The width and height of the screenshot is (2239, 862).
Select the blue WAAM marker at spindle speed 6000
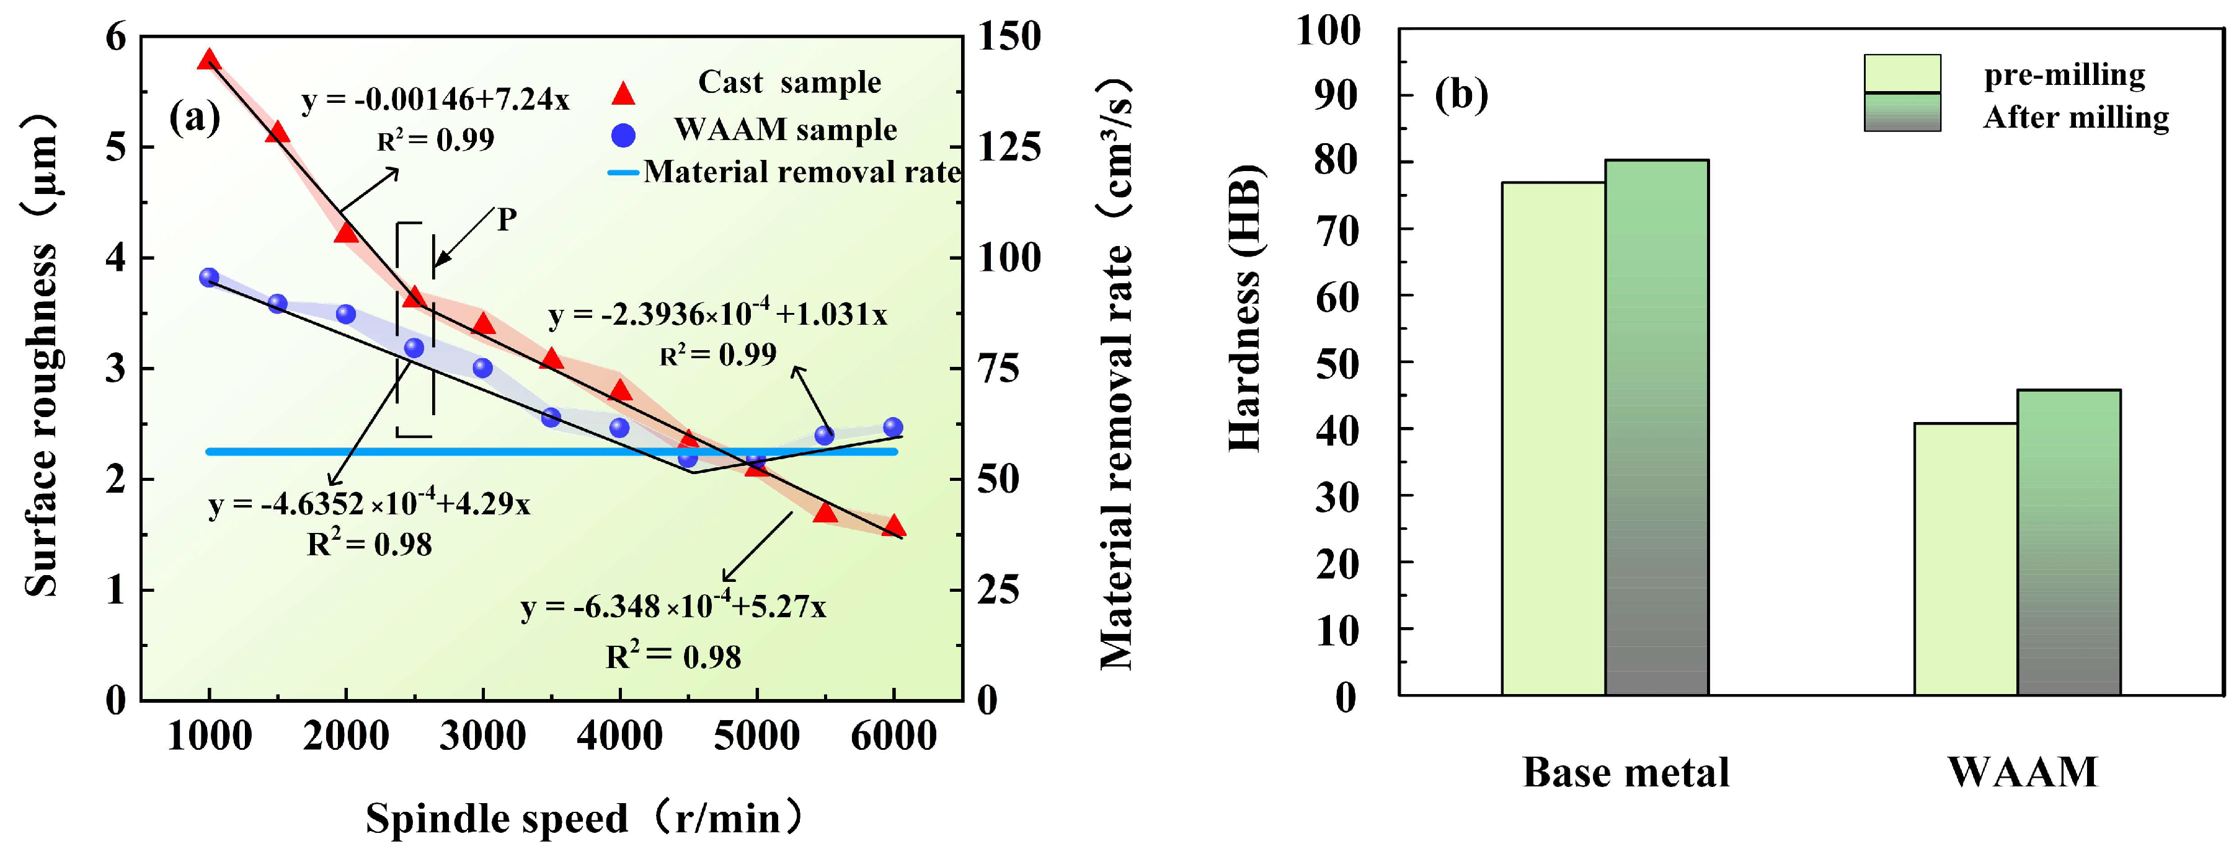[893, 426]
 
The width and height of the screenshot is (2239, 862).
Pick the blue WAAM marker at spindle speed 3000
[482, 367]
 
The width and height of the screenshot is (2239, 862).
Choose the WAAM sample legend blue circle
[623, 134]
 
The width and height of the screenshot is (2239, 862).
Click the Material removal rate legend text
[801, 172]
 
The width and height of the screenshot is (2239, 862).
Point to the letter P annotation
[507, 220]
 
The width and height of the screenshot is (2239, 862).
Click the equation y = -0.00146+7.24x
[435, 100]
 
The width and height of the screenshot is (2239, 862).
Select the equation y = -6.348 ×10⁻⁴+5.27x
[673, 605]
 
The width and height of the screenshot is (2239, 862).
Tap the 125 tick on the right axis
[1008, 147]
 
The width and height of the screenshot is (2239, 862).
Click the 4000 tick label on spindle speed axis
[619, 736]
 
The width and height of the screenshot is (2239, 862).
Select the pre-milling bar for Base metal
[1553, 439]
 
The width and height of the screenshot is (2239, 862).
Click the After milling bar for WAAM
[2068, 542]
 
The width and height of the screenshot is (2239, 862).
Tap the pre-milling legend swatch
[1902, 73]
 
